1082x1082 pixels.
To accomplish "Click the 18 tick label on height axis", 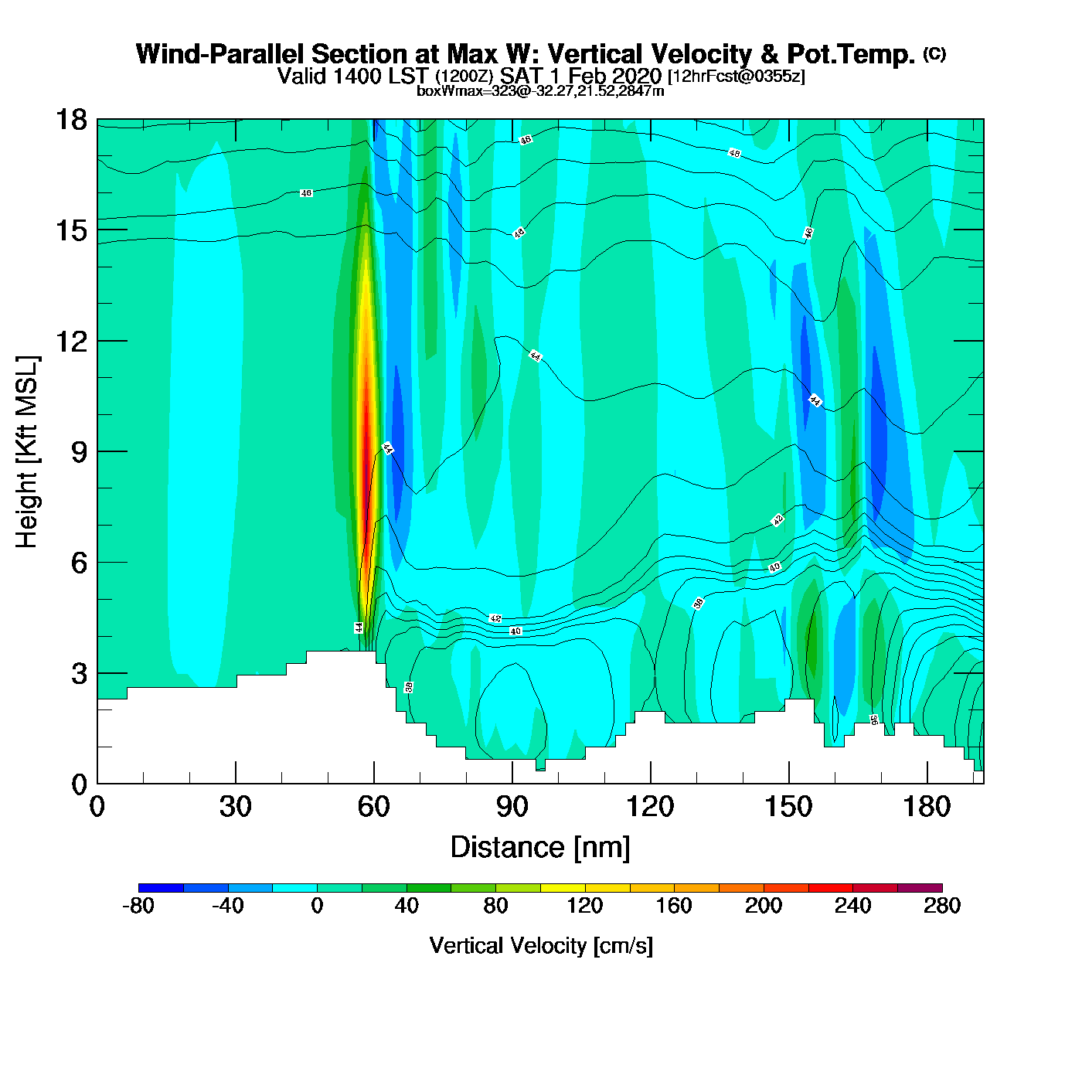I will (x=70, y=120).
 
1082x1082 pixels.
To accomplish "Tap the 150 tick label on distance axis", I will (x=788, y=807).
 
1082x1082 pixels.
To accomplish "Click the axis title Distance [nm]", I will (x=540, y=847).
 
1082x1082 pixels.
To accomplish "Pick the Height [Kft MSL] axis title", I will (x=27, y=452).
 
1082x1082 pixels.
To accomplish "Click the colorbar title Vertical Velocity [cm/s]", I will (x=541, y=945).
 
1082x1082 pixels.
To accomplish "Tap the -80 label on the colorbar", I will (x=138, y=906).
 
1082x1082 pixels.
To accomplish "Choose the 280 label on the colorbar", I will (x=942, y=906).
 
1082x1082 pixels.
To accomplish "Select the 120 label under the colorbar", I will (x=585, y=906).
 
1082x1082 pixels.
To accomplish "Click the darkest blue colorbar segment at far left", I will (x=161, y=888).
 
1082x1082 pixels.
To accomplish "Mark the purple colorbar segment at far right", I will (x=920, y=888).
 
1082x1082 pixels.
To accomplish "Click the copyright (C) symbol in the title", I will (x=934, y=53).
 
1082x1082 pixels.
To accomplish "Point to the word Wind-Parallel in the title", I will (x=220, y=54).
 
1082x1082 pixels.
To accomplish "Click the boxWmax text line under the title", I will (x=540, y=91).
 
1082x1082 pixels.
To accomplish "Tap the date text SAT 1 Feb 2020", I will (x=580, y=76).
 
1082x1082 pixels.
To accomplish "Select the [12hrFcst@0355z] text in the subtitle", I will (x=737, y=76).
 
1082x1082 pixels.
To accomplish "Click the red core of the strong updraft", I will (x=366, y=456).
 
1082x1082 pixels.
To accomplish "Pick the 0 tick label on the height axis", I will (x=79, y=784).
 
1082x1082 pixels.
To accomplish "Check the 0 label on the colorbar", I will (x=317, y=906).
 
